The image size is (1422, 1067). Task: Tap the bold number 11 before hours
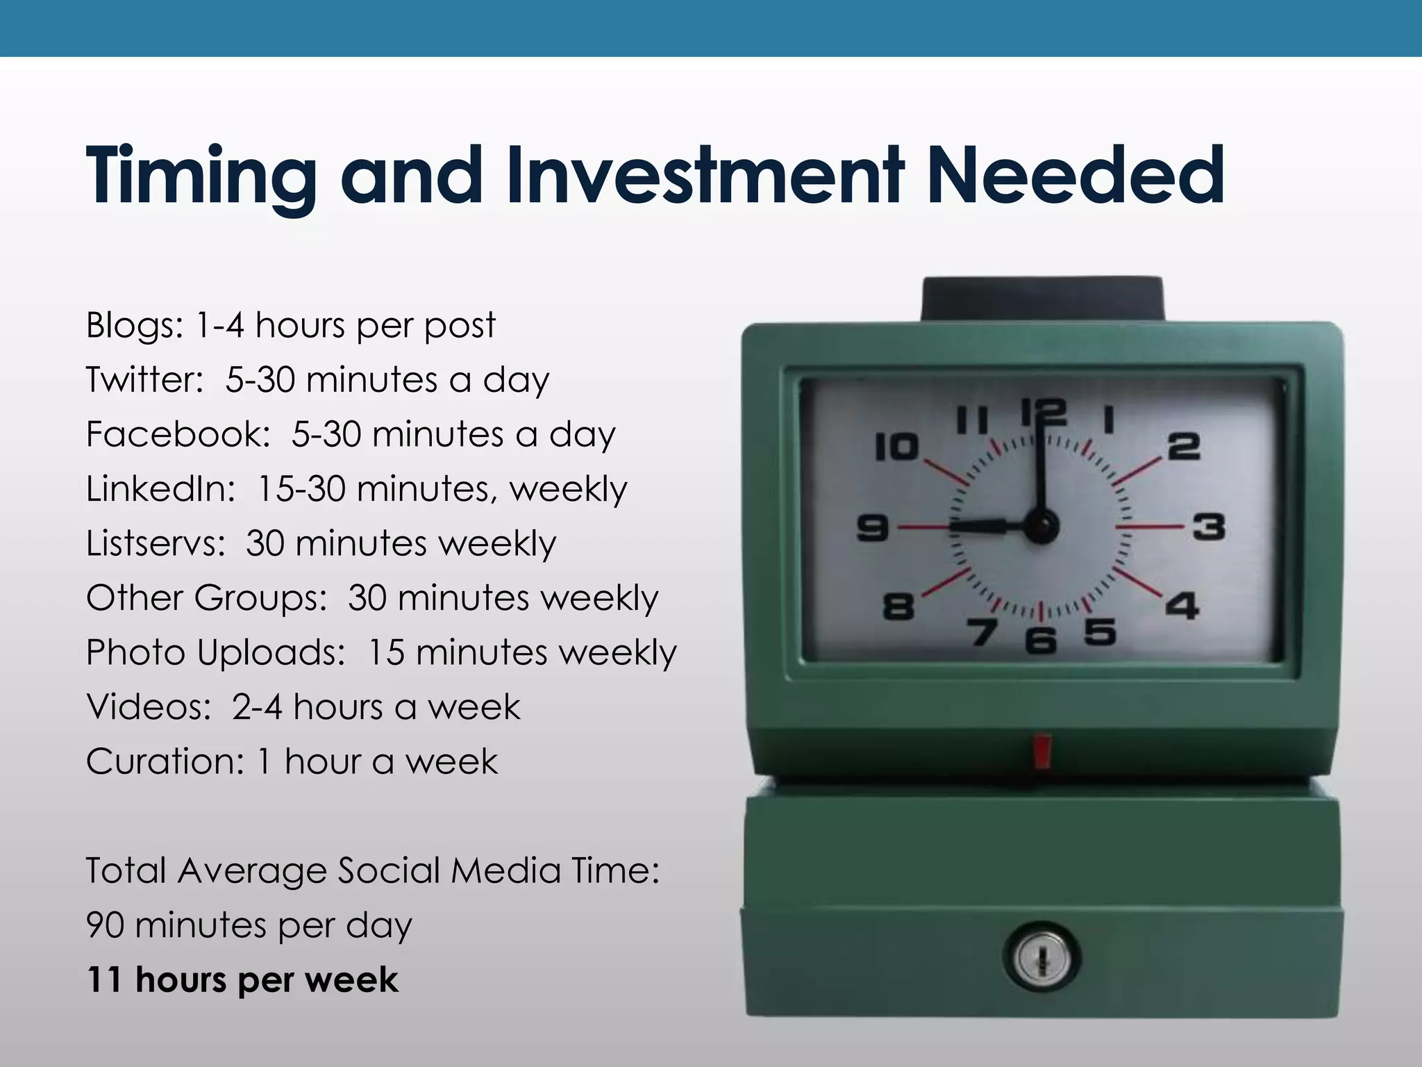point(104,979)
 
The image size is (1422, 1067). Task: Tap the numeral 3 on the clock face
point(1209,526)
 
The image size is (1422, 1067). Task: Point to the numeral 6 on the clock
point(1040,640)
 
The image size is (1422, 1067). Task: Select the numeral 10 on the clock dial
point(896,447)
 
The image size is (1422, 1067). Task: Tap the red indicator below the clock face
point(1042,752)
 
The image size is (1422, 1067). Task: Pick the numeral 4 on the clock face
point(1182,605)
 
